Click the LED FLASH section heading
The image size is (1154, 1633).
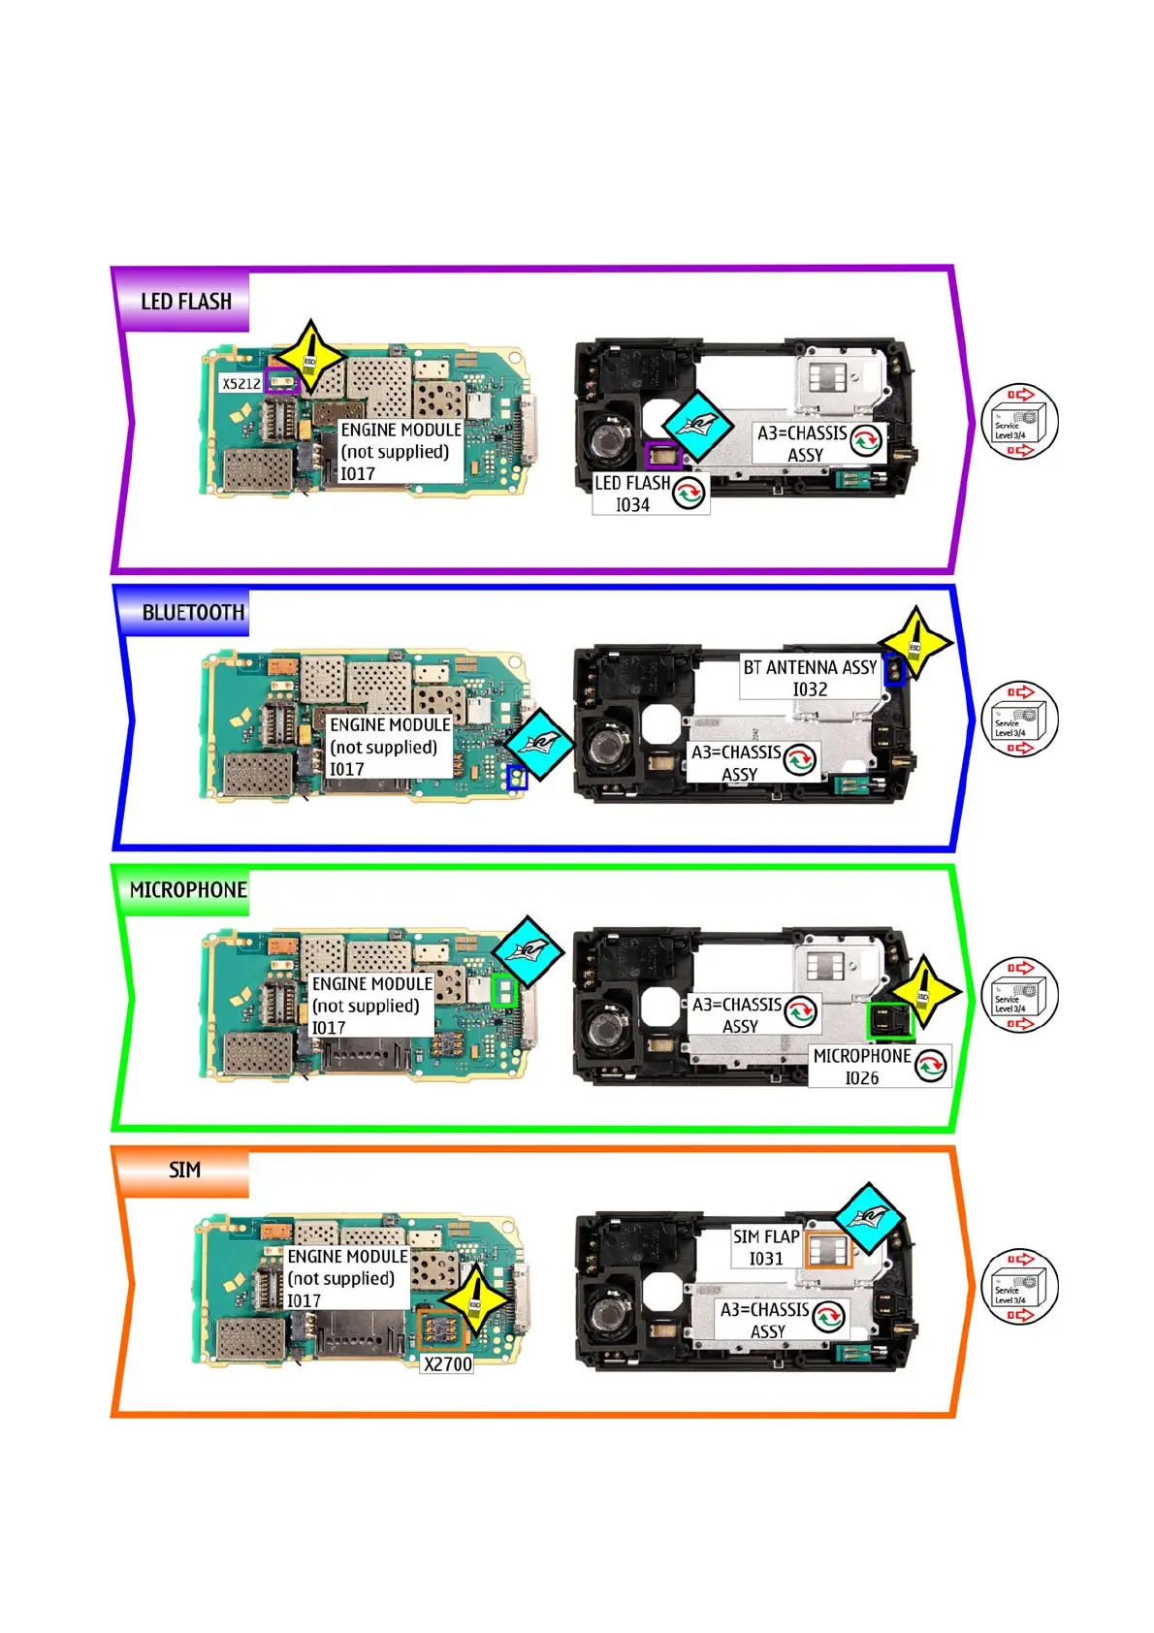185,302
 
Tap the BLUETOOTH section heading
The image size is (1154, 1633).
192,612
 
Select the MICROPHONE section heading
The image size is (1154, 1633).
188,889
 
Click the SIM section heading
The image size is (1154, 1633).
184,1169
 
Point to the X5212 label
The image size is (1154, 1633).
240,384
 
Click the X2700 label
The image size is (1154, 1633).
448,1363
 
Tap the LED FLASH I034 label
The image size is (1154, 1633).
632,494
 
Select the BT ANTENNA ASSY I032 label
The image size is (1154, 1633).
810,678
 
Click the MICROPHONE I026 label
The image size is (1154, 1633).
862,1067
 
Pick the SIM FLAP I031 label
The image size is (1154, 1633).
766,1247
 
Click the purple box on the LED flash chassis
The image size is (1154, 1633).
663,455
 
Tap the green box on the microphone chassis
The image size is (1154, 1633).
888,1021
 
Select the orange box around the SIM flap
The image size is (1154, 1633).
829,1251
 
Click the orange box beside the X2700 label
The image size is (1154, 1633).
441,1329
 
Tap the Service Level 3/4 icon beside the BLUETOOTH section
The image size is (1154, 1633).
1019,720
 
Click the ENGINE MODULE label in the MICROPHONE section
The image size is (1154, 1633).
371,1005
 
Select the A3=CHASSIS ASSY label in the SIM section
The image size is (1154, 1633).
765,1320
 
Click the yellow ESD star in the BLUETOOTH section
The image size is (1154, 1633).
914,643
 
